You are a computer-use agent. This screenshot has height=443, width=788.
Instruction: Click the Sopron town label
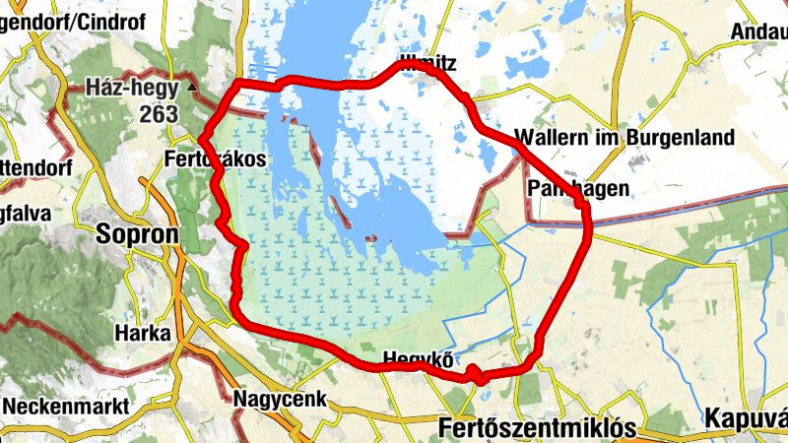click(x=138, y=234)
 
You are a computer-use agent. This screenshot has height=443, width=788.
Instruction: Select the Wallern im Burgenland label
click(x=624, y=138)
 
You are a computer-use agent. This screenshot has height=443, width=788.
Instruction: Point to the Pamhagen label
click(x=578, y=188)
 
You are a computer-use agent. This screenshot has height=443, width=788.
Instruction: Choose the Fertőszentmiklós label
click(x=537, y=428)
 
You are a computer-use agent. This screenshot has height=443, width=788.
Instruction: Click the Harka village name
click(x=143, y=332)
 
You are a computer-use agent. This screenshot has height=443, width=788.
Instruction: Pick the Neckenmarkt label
click(x=65, y=406)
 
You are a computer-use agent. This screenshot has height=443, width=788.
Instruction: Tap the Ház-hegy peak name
click(x=131, y=88)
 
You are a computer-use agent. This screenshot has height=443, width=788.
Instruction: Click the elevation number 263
click(x=158, y=114)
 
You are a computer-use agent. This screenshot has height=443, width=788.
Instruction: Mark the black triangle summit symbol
click(x=192, y=88)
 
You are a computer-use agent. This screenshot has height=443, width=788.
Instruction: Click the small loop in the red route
click(x=476, y=374)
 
